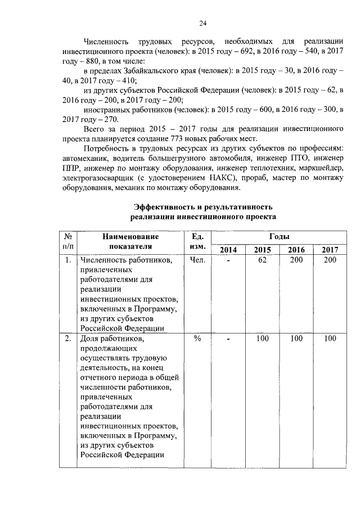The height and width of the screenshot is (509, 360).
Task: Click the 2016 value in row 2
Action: coord(296,339)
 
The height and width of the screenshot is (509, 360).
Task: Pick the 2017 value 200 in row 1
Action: coord(330,260)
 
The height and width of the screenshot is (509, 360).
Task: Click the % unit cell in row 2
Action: coord(197,339)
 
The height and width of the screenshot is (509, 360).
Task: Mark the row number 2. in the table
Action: coord(67,339)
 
